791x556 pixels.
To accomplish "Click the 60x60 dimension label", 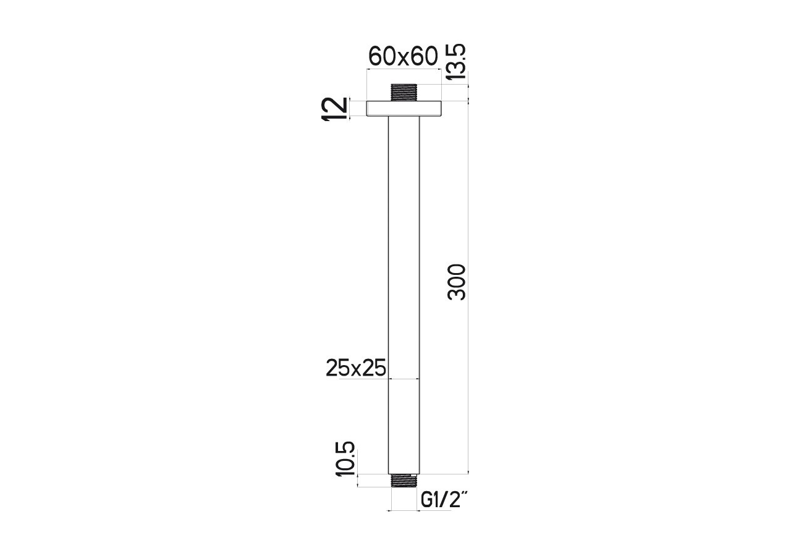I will (x=403, y=57).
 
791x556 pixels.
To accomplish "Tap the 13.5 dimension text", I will (x=456, y=62).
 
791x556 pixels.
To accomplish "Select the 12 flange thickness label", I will (x=335, y=109).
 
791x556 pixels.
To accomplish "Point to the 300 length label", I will (x=457, y=282).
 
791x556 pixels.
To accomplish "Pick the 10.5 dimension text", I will (x=345, y=458).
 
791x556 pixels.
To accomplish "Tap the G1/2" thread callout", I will (x=443, y=500).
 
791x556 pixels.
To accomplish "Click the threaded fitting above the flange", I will (x=404, y=92).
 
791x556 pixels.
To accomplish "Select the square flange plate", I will (x=404, y=109).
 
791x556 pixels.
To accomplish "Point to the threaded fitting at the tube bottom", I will (x=404, y=481).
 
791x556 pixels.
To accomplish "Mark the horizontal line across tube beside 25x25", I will (x=404, y=378).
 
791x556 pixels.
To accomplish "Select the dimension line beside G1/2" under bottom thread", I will (x=404, y=510).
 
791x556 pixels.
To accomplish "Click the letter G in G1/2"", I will (x=426, y=500).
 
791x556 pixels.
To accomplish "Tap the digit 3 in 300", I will (x=457, y=293).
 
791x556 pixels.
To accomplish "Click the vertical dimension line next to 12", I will (x=350, y=109).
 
